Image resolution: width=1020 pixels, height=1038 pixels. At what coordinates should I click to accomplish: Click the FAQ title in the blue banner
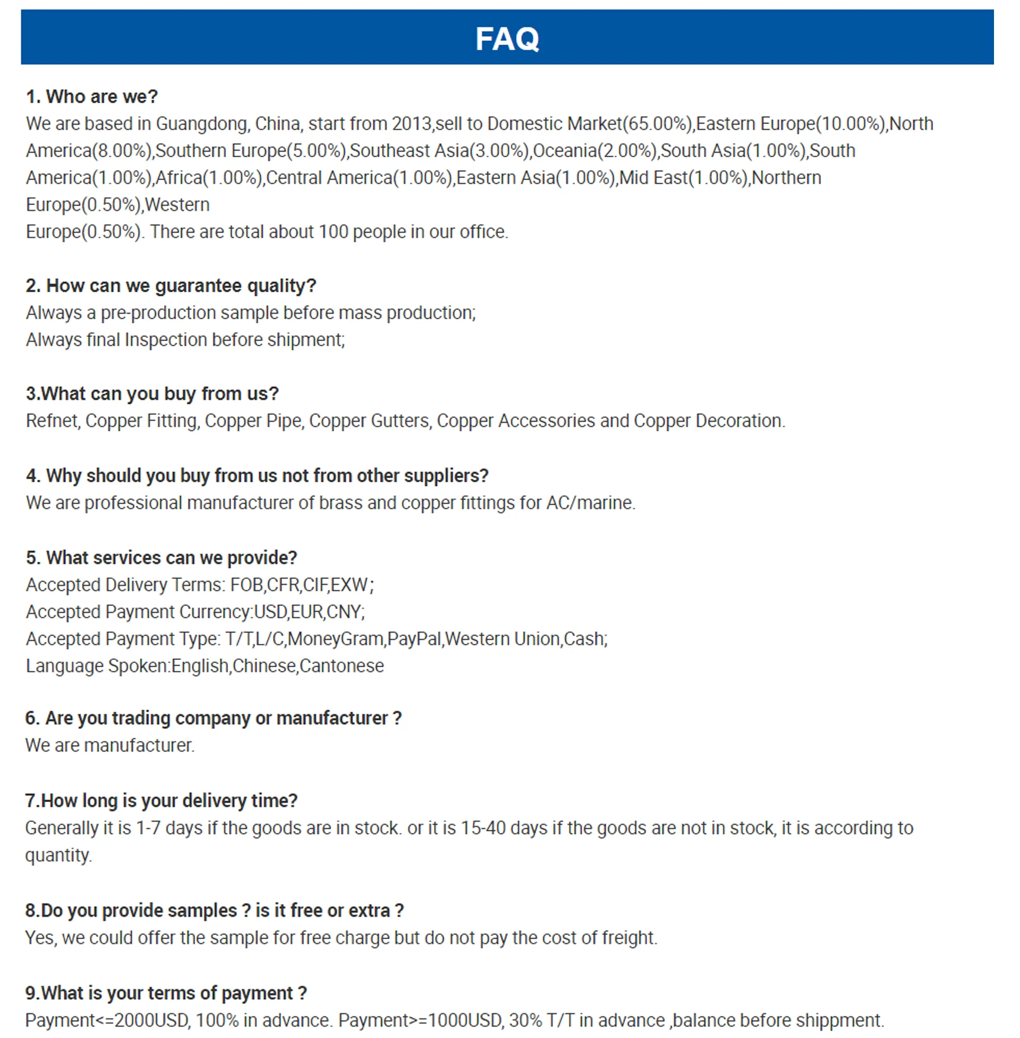[507, 39]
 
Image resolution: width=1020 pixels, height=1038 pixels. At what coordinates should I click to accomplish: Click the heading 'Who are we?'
[91, 97]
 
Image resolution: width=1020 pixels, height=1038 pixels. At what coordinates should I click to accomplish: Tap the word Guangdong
[202, 124]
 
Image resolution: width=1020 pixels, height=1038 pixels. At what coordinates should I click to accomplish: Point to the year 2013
[411, 124]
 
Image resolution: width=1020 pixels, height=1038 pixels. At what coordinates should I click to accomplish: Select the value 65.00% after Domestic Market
[657, 124]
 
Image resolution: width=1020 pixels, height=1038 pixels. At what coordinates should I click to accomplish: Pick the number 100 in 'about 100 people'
[333, 232]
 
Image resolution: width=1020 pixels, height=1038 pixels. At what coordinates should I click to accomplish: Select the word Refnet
[53, 421]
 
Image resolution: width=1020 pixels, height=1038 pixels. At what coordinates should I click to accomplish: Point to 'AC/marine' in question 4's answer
[590, 503]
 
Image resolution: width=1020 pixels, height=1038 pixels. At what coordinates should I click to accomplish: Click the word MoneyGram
[335, 639]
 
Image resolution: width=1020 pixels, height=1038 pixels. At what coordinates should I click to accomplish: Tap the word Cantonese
[342, 666]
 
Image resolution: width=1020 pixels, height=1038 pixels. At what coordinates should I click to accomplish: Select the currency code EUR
[307, 612]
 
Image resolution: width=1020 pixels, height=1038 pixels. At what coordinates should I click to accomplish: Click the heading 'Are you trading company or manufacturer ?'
[213, 718]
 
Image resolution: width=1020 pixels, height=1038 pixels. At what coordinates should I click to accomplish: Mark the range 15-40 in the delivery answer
[482, 829]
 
